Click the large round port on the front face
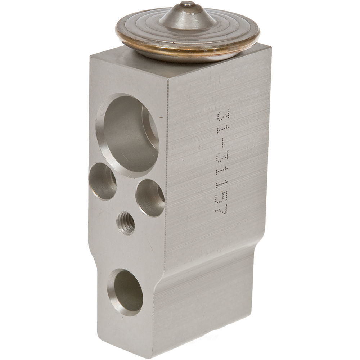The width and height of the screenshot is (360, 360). click(x=128, y=135)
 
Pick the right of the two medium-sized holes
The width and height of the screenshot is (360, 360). click(x=150, y=198)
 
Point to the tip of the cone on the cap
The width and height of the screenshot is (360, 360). click(x=185, y=5)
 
